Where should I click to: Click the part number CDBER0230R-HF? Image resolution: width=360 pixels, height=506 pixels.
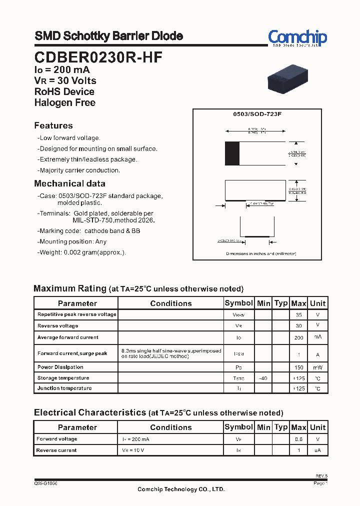pos(98,57)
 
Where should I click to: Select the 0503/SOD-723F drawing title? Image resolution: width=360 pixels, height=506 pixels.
pos(257,114)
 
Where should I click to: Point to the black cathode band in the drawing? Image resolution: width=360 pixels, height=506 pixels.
pos(232,153)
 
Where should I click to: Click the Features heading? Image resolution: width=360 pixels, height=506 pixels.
pos(53,125)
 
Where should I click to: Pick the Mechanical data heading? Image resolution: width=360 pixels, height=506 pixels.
pos(69,183)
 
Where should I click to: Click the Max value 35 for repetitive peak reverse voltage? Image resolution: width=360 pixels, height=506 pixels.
pos(299,315)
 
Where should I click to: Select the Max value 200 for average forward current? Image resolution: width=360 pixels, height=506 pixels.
pos(299,338)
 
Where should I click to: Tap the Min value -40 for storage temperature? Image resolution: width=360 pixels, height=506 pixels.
pos(263,378)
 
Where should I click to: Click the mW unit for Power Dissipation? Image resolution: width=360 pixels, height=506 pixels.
pos(317,367)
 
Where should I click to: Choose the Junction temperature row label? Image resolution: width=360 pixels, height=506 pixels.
pos(64,388)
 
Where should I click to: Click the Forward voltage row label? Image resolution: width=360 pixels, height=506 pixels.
pos(57,439)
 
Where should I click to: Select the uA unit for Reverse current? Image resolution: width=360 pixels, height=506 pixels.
pos(317,450)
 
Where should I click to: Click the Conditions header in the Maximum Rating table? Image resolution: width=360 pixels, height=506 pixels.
pos(170,303)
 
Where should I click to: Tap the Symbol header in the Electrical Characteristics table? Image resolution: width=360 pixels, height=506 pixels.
pos(238,427)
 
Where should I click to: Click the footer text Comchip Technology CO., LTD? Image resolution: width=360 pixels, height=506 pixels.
pos(181,489)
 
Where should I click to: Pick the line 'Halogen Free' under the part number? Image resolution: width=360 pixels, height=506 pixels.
pos(64,102)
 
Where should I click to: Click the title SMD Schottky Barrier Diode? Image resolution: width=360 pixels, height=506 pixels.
pos(108,36)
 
